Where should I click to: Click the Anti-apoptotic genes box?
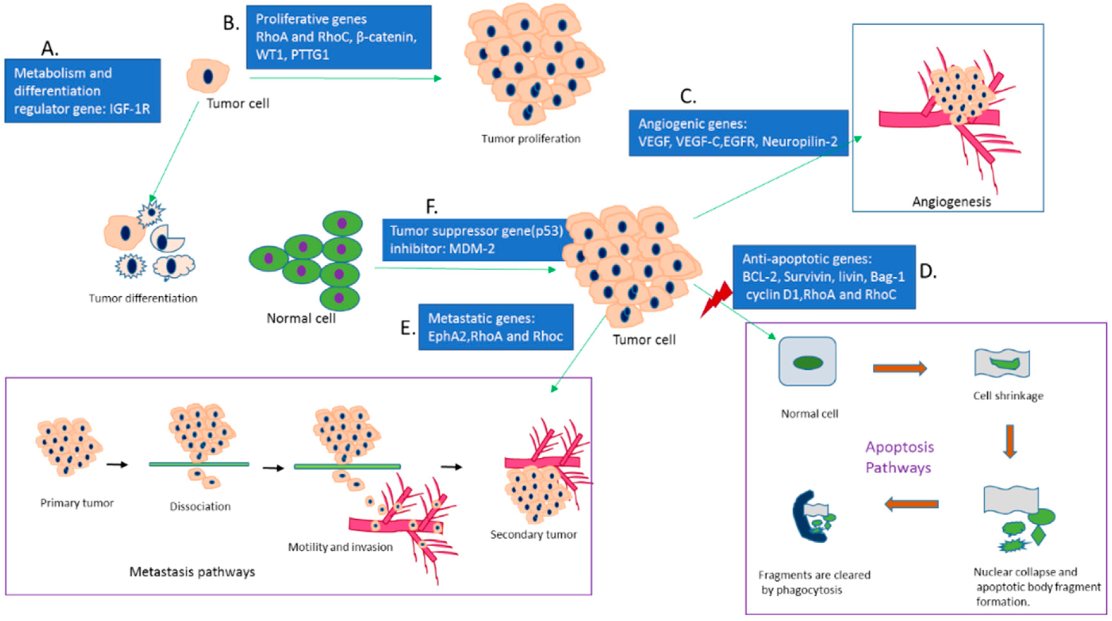coord(824,277)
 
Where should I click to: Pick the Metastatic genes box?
coord(495,327)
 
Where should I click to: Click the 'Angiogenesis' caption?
coord(951,201)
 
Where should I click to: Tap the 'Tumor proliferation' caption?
coord(531,138)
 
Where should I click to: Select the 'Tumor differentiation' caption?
coord(143,298)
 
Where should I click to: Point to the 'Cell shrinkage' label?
coord(1008,396)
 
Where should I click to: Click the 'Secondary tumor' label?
coord(533,534)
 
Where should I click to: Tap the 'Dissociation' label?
coord(200,506)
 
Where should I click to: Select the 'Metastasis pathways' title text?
coord(192,572)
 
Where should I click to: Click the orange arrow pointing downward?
coord(1010,441)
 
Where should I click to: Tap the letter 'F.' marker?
coord(431,207)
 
